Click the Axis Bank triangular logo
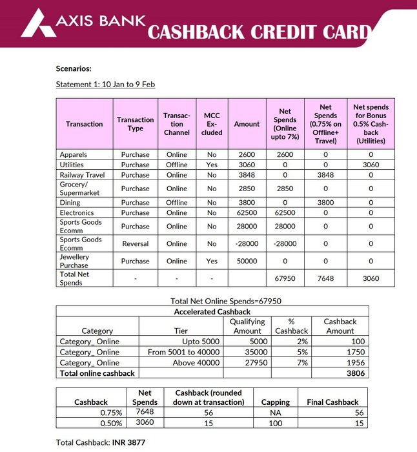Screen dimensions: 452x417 (x=37, y=23)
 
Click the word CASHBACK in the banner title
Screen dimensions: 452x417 (x=209, y=32)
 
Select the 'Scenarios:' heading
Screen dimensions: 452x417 (x=74, y=68)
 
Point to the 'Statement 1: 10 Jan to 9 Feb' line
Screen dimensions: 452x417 (x=105, y=84)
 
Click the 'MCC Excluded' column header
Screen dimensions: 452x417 (x=212, y=123)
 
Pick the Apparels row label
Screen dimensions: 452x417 (x=73, y=154)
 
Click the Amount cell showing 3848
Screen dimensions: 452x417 (x=247, y=174)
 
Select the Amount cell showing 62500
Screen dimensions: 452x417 (x=247, y=212)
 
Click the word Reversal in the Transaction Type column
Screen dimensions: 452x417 (x=135, y=243)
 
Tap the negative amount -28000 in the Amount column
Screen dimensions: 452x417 (x=247, y=243)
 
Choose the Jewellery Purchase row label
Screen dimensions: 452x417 (x=75, y=261)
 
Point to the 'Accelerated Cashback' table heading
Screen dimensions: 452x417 (x=212, y=311)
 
